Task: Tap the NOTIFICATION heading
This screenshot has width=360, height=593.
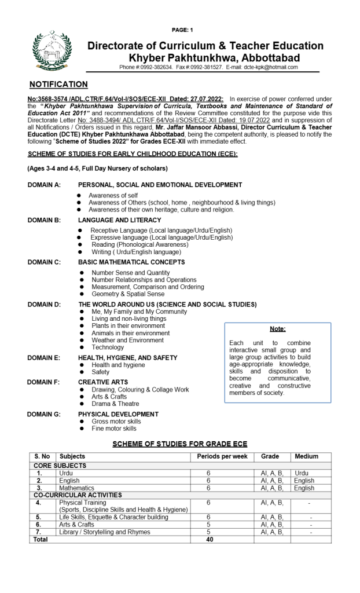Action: coord(58,85)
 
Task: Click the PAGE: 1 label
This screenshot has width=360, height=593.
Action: coord(183,30)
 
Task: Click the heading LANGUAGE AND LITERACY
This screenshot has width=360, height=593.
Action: coord(120,220)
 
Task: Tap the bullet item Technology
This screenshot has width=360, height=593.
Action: coord(108,347)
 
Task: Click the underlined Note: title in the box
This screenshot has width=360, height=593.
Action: coord(278,329)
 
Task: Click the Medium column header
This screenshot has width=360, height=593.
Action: coord(306,457)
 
